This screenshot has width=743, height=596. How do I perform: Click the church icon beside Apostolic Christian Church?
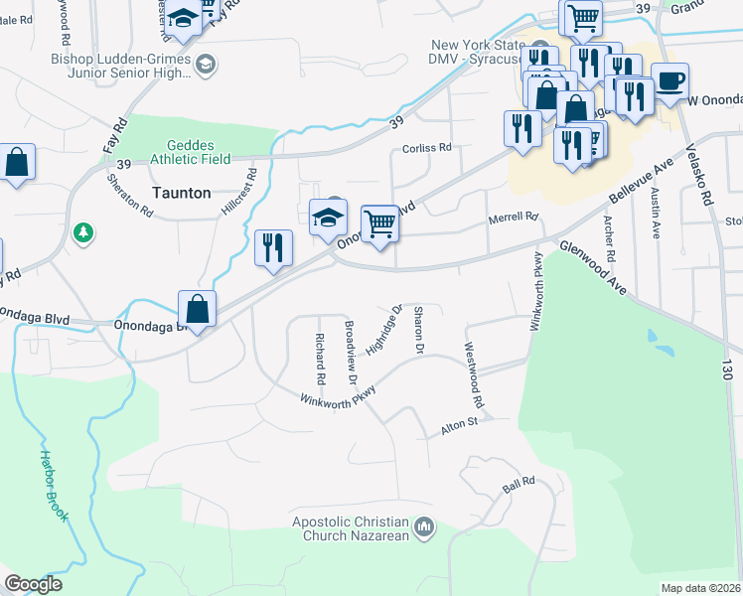coord(424,525)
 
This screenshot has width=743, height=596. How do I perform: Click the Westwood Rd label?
coord(473,376)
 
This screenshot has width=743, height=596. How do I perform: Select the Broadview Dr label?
coord(349,353)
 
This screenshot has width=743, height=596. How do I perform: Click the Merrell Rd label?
coord(513,217)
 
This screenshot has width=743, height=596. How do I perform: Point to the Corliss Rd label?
coord(427,147)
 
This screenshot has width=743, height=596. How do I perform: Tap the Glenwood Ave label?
coord(592,268)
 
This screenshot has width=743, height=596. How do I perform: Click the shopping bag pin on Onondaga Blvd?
coord(198,309)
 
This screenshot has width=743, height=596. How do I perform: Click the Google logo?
coord(33,584)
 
